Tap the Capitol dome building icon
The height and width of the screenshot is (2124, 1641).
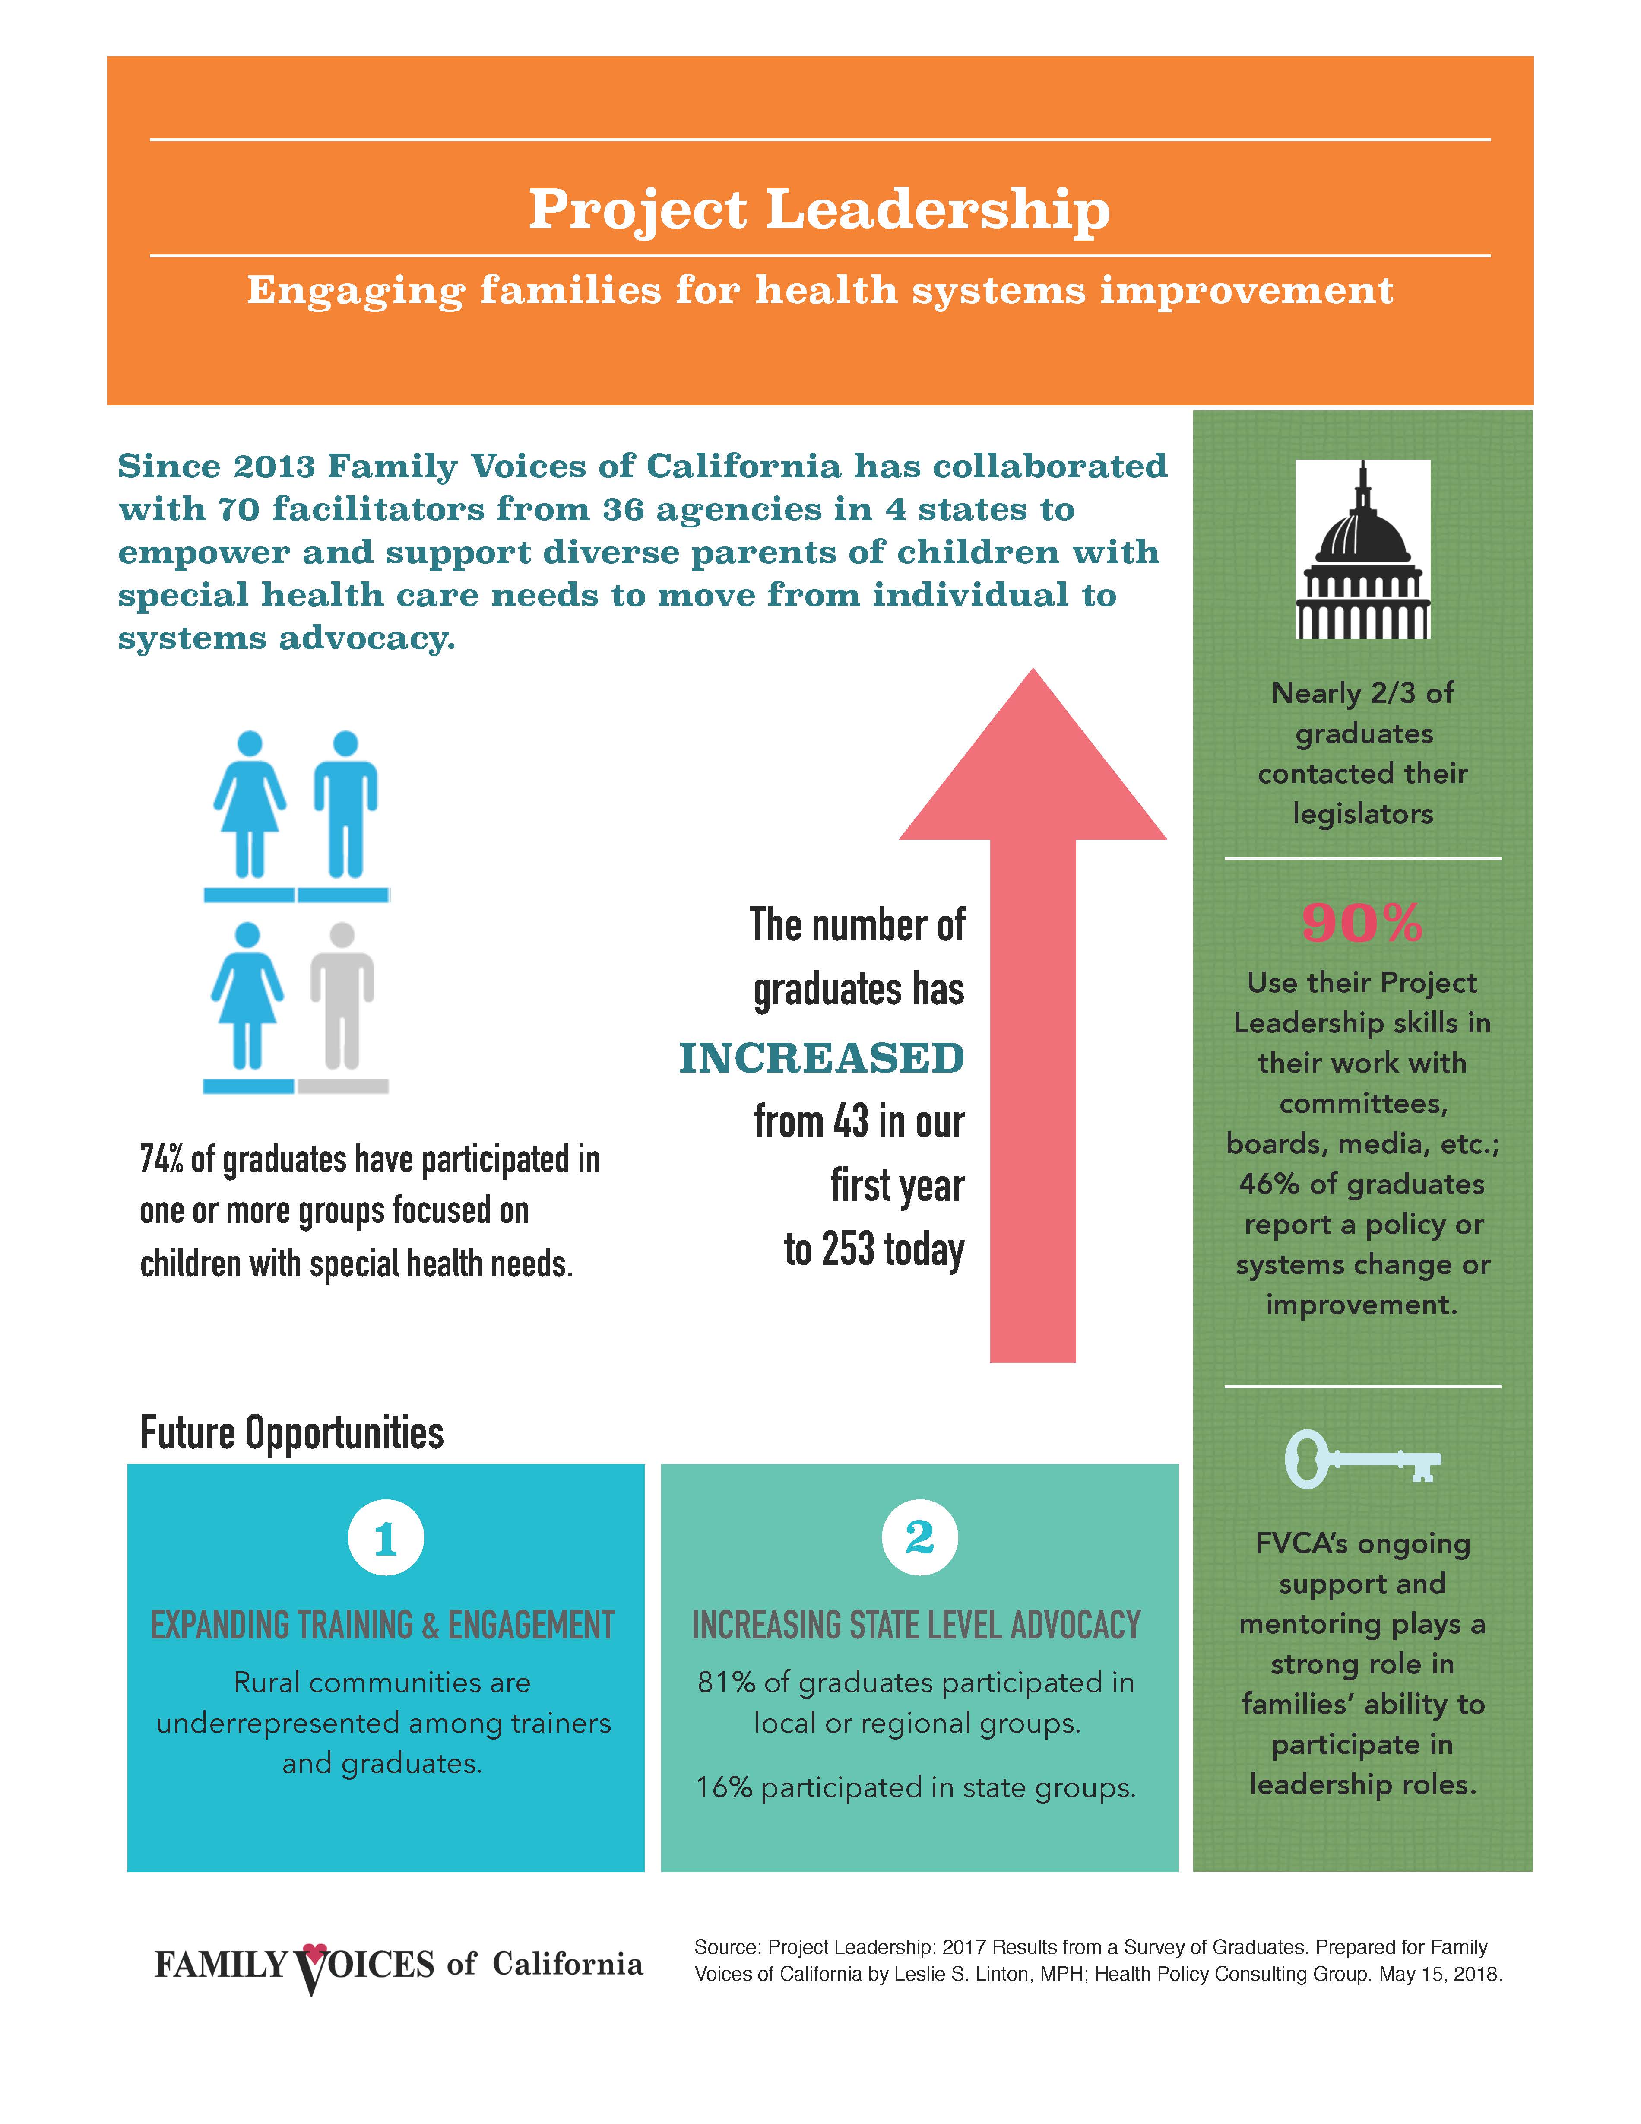coord(1362,549)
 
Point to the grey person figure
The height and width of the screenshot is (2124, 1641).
coord(342,997)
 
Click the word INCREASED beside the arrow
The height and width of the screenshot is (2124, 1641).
coord(821,1058)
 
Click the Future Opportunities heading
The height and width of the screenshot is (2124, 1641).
coord(291,1432)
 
